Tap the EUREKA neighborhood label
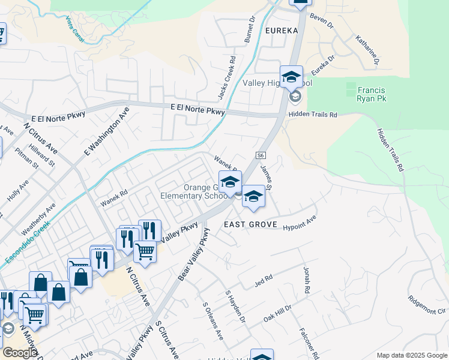280,30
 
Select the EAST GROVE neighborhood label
250,225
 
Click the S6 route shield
261,155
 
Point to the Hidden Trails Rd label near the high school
313,114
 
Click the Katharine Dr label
368,49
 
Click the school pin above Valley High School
291,77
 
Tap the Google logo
20,352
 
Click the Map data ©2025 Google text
412,355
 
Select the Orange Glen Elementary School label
190,191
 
